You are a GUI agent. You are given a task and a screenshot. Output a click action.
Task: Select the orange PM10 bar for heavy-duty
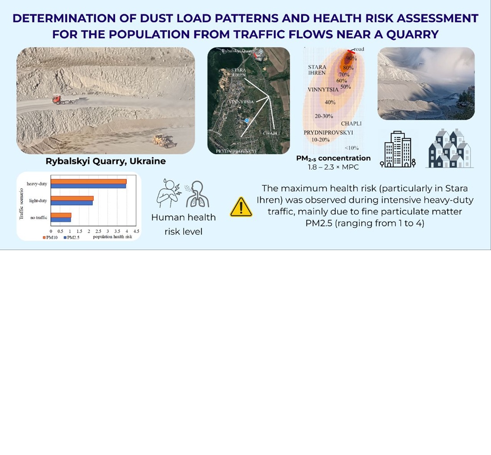tap(88, 181)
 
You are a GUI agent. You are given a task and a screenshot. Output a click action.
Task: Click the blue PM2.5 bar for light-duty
tap(71, 203)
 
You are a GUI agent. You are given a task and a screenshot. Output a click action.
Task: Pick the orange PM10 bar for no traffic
tap(61, 215)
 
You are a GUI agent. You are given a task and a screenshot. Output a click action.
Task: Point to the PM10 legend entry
tap(50, 238)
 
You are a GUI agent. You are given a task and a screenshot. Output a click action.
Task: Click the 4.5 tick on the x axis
tap(136, 231)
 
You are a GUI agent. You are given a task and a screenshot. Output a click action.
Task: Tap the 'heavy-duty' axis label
tap(37, 184)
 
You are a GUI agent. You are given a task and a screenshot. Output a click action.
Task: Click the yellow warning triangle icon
tap(241, 207)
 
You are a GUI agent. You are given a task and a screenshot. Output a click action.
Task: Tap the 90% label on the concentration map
tap(351, 58)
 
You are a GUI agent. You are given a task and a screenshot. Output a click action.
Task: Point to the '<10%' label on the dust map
tap(351, 148)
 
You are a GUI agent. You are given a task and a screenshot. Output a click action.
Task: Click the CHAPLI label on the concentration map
tap(351, 123)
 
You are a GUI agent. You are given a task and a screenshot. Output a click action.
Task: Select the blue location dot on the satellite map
tap(246, 121)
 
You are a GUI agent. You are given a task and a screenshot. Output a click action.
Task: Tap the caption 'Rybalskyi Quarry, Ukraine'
tap(105, 161)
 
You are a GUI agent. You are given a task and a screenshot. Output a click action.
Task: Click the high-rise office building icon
tap(398, 150)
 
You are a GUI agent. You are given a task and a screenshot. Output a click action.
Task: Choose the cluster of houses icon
tap(449, 149)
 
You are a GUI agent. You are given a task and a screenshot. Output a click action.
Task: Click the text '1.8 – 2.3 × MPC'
tap(333, 167)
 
